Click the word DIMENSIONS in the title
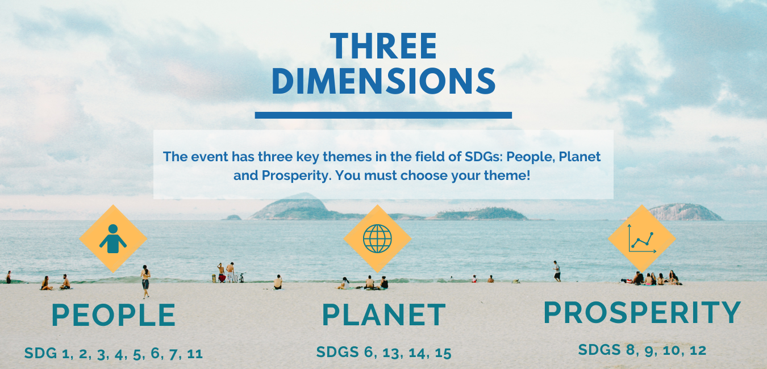tap(383, 81)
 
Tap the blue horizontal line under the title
tap(383, 115)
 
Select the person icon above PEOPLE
tap(113, 238)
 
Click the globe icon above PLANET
tap(377, 238)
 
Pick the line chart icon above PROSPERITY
tap(642, 238)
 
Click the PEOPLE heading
tap(114, 315)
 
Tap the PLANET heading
tap(384, 315)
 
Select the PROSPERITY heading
tap(642, 312)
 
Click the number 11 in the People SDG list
tap(195, 354)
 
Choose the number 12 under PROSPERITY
tap(698, 350)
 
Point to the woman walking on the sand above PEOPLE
tap(145, 282)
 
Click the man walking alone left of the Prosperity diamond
tap(557, 271)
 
